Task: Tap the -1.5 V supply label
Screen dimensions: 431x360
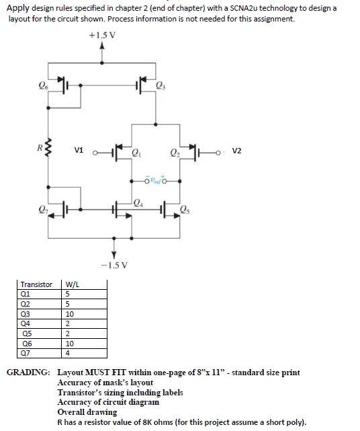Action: click(x=114, y=265)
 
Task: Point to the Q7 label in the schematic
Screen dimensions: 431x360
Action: click(x=43, y=209)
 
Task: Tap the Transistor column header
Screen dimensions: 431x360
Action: click(x=36, y=284)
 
